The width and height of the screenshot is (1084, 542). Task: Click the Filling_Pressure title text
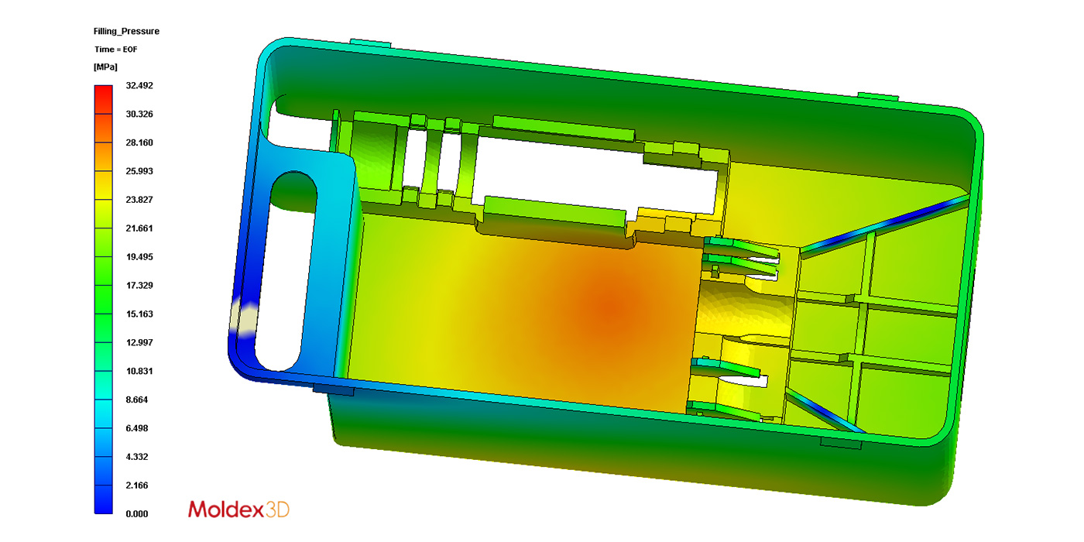(x=126, y=32)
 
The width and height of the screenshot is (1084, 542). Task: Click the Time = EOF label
(x=116, y=50)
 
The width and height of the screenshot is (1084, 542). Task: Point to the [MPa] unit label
(x=105, y=67)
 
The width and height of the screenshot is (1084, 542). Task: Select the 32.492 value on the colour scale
(x=139, y=86)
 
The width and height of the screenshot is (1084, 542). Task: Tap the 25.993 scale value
(x=139, y=171)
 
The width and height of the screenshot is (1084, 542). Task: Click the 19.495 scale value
(x=139, y=257)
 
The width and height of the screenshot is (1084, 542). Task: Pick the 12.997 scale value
(x=139, y=342)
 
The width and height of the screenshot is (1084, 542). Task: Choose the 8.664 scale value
(x=137, y=400)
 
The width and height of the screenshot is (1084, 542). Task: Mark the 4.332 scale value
(x=137, y=457)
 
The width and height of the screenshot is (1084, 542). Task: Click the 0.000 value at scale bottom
(x=137, y=514)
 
